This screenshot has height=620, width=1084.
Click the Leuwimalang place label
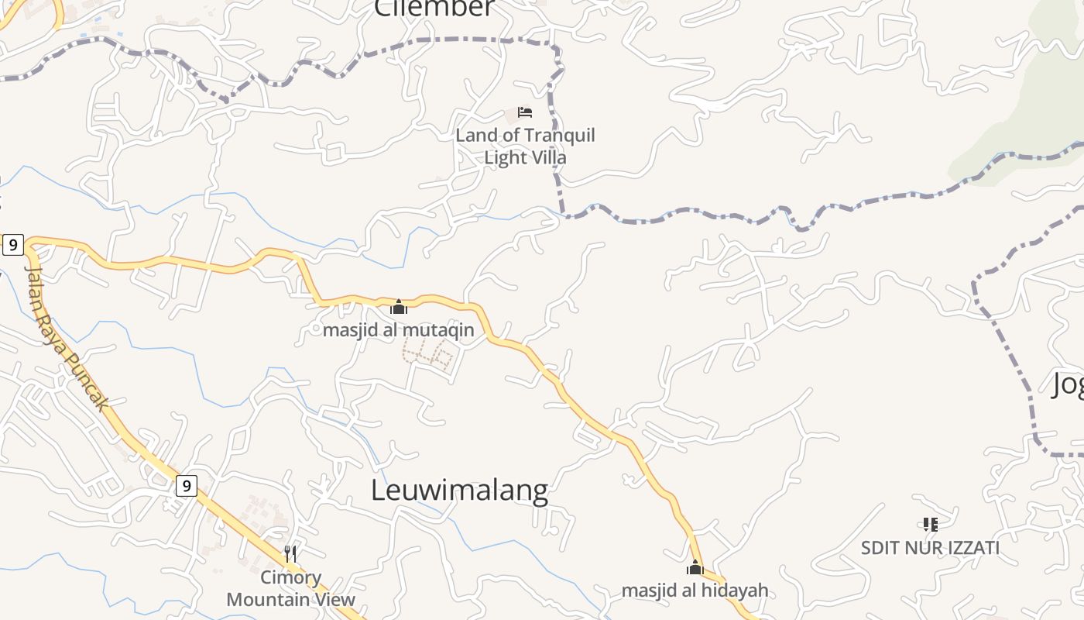459,490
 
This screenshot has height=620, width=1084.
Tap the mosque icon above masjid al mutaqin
399,307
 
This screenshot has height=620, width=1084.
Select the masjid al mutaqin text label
398,330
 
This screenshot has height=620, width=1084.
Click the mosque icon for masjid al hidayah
695,568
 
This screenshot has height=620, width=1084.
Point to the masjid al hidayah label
695,591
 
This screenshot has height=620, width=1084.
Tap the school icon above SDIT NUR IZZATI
930,525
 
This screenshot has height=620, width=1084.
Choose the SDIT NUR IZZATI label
930,548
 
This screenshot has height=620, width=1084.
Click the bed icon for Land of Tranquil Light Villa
525,112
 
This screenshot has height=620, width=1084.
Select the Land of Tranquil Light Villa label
525,146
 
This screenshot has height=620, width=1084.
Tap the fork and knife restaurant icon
290,553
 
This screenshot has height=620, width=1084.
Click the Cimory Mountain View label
290,588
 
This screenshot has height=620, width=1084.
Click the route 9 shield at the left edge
12,245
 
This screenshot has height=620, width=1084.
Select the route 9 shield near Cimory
186,486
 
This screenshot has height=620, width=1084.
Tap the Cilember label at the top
434,8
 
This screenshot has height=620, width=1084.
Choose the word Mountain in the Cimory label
264,599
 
